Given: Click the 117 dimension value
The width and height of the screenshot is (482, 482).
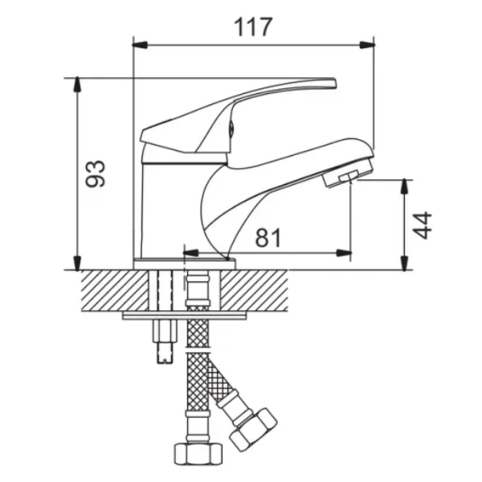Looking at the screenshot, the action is (253, 27).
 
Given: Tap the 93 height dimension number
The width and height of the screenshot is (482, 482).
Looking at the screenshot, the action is (96, 174).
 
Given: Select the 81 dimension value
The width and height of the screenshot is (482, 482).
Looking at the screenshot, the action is (268, 238).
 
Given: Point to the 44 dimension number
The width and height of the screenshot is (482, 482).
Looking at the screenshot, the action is (422, 225).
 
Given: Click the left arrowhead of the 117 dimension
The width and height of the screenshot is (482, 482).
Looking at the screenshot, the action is (140, 45).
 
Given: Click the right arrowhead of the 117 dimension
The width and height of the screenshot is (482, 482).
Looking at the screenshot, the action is (367, 45).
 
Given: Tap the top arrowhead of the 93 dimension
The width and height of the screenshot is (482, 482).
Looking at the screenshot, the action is (77, 84).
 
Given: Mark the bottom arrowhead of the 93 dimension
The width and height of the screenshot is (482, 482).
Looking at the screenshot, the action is (77, 263).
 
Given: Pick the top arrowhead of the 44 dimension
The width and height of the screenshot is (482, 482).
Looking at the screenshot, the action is (405, 186).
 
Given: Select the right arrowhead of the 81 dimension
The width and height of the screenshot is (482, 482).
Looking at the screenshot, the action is (344, 253).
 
